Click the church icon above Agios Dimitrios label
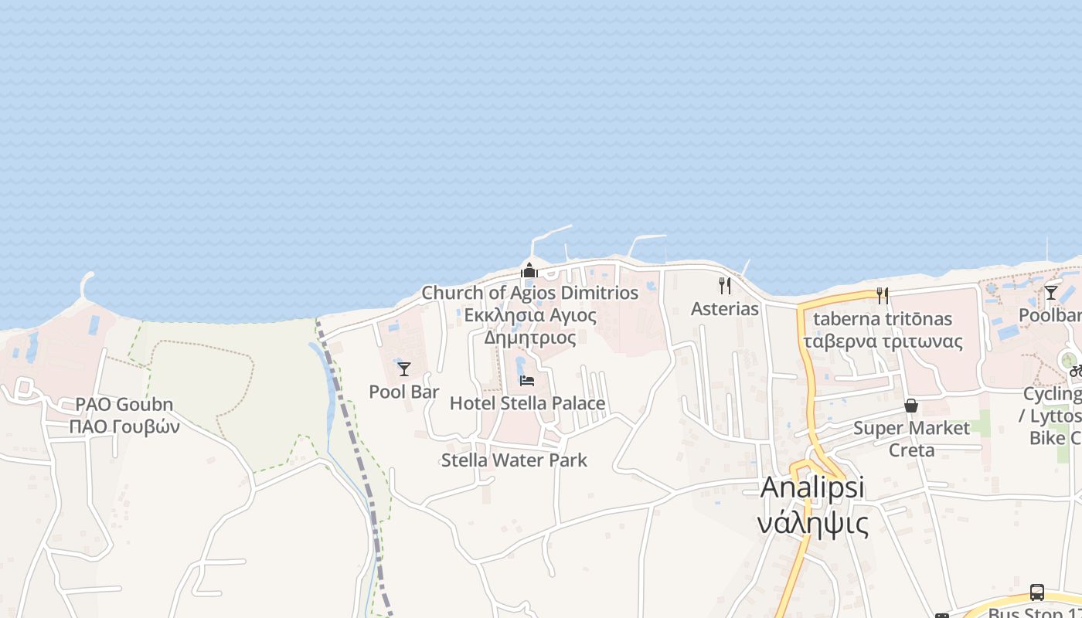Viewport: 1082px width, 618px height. (x=529, y=270)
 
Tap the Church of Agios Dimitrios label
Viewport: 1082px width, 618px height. (x=530, y=293)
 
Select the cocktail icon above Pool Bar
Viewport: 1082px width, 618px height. (x=404, y=369)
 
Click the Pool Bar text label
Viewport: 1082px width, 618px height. (x=404, y=392)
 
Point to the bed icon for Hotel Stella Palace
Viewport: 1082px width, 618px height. (x=527, y=381)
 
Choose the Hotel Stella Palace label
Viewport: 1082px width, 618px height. (x=527, y=403)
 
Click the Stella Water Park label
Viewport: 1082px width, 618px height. (x=514, y=460)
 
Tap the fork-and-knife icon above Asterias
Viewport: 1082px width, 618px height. (x=725, y=286)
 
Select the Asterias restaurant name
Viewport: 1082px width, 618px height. (x=725, y=309)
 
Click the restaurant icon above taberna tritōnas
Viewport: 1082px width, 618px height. (x=883, y=295)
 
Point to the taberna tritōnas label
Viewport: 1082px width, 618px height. (x=883, y=319)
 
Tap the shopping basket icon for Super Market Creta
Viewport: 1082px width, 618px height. (x=911, y=406)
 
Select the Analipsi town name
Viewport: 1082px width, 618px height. (x=812, y=487)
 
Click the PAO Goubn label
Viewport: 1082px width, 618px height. (x=124, y=405)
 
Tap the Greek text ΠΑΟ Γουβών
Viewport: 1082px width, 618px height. (x=124, y=426)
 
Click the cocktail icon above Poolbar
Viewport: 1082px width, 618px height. (x=1051, y=292)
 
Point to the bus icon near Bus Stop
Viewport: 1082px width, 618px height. (x=1037, y=593)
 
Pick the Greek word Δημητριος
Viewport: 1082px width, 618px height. (x=530, y=338)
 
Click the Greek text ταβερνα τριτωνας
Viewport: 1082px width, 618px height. (x=883, y=341)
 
